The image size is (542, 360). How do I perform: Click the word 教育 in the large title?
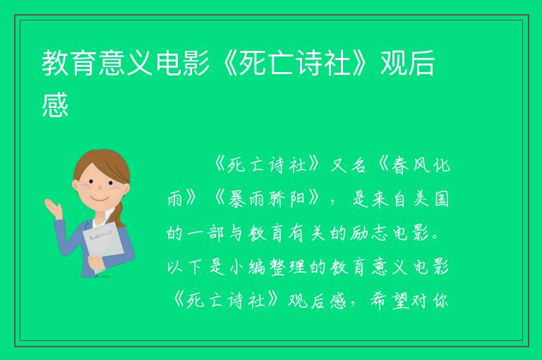70,63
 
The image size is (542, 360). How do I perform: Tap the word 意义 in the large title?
126,63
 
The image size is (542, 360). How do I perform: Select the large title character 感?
55,104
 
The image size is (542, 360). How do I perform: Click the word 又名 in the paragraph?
348,165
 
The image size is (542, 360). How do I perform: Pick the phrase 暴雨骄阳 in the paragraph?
266,199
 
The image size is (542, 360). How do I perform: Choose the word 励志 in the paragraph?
368,233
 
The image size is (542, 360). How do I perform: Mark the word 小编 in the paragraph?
246,267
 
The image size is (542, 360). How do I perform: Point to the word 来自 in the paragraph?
389,199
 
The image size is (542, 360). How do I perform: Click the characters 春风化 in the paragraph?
421,165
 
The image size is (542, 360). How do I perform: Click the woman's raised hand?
53,208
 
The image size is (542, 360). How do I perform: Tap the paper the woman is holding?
102,245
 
